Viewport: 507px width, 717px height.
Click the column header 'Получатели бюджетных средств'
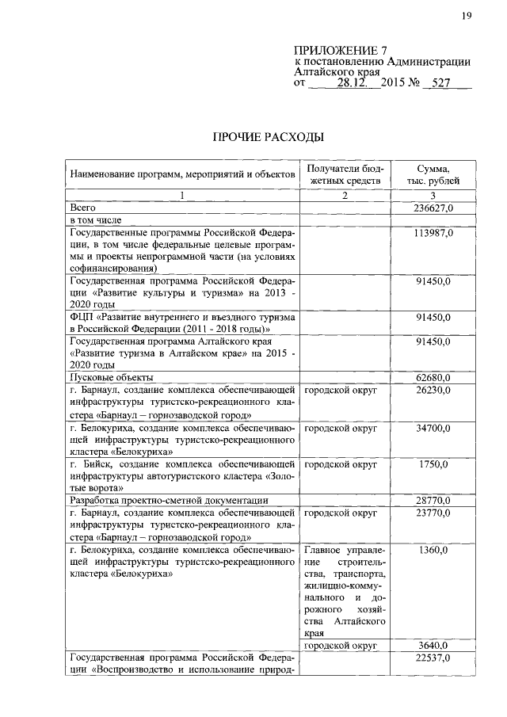(x=345, y=174)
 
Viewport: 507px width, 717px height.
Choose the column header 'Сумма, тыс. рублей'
(x=433, y=174)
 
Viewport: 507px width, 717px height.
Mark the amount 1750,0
(x=433, y=465)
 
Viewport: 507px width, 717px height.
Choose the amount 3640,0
(x=433, y=646)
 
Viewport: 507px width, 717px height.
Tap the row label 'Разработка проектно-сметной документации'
(x=169, y=501)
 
